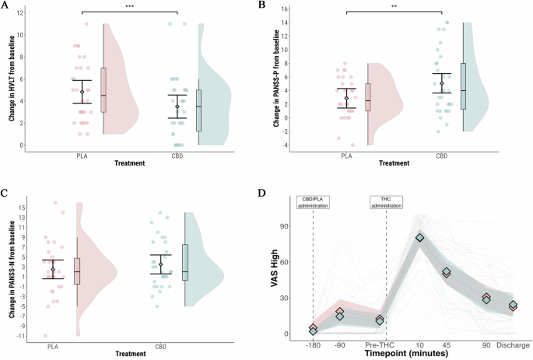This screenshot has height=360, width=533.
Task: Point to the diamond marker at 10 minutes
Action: (x=420, y=237)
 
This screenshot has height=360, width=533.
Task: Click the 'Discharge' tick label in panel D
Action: (x=514, y=344)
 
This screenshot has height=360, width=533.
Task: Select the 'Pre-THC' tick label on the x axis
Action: (x=380, y=344)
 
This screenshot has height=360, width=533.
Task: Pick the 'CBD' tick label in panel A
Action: (x=178, y=156)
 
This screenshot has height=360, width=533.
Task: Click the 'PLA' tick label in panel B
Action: (x=346, y=156)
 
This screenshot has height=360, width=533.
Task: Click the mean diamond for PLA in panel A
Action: (x=82, y=92)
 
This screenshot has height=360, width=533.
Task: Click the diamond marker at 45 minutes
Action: (x=447, y=273)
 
